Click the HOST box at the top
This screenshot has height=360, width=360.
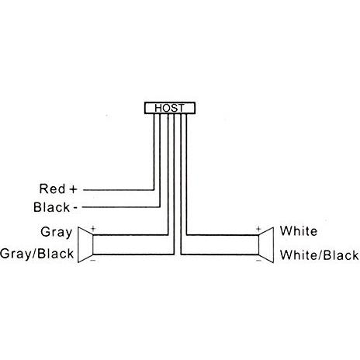[170, 108]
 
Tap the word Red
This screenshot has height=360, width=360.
[52, 189]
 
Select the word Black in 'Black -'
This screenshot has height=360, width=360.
[52, 207]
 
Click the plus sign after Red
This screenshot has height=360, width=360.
[74, 189]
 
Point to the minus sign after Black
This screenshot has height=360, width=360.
[75, 208]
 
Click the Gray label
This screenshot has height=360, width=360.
[57, 232]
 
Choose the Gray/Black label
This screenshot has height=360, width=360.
[37, 254]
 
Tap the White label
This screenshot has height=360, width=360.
[299, 231]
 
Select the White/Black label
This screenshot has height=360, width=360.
[320, 255]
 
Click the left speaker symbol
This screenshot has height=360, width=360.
[85, 245]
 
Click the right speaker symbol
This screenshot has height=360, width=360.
[266, 245]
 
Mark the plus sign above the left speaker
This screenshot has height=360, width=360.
[93, 229]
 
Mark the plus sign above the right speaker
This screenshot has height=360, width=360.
[258, 229]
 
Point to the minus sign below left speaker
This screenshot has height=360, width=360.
[93, 261]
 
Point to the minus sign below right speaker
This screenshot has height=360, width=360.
[258, 261]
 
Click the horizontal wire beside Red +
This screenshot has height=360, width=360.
[119, 190]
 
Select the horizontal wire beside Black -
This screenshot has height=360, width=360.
[121, 207]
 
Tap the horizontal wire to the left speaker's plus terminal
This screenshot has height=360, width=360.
[130, 235]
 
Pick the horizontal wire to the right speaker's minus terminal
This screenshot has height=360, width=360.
[220, 254]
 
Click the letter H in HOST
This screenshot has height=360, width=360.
[158, 108]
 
